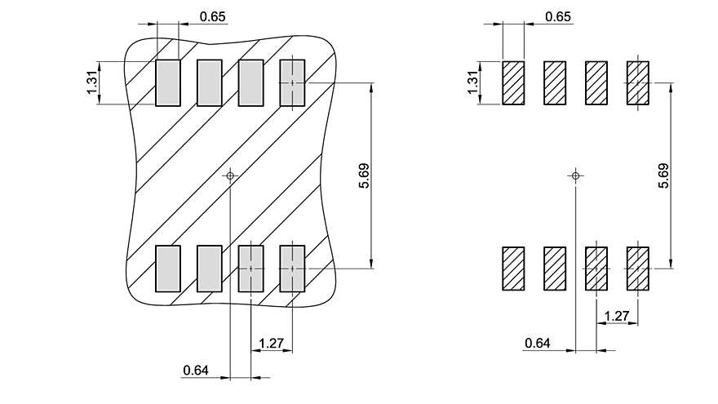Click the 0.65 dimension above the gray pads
pyautogui.click(x=212, y=16)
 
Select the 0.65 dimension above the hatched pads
pyautogui.click(x=558, y=16)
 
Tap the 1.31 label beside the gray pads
pyautogui.click(x=92, y=82)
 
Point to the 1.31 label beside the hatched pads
pyautogui.click(x=472, y=82)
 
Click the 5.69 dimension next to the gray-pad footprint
pyautogui.click(x=364, y=176)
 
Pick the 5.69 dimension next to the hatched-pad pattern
pyautogui.click(x=663, y=176)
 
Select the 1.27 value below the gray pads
pyautogui.click(x=270, y=344)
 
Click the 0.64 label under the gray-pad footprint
pyautogui.click(x=196, y=371)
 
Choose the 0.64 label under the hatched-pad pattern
pyautogui.click(x=537, y=344)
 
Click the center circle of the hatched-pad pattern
pyautogui.click(x=576, y=175)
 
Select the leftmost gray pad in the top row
pyautogui.click(x=168, y=82)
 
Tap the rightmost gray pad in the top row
pyautogui.click(x=292, y=82)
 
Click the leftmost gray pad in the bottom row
pyautogui.click(x=168, y=269)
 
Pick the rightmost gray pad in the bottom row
pyautogui.click(x=292, y=269)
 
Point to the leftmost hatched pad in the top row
pyautogui.click(x=514, y=82)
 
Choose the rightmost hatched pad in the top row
pyautogui.click(x=638, y=82)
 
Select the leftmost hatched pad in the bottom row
pyautogui.click(x=514, y=269)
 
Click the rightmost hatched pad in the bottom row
pyautogui.click(x=638, y=269)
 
